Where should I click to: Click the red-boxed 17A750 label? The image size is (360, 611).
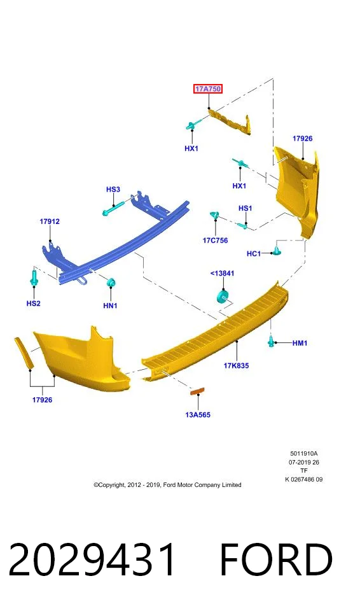click(208, 89)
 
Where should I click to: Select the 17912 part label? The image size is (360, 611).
click(50, 221)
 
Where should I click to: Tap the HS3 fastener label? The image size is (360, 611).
click(113, 190)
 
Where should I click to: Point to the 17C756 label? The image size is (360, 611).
click(215, 241)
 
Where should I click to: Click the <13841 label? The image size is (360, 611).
click(222, 273)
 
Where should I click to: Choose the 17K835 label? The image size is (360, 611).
click(236, 365)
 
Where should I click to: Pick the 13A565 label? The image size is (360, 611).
click(198, 414)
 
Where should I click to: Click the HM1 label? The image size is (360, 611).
click(300, 343)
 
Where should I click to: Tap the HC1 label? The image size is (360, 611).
click(254, 254)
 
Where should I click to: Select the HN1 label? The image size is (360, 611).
click(110, 306)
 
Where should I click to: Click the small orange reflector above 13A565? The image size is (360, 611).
click(197, 391)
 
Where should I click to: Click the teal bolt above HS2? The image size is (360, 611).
click(34, 277)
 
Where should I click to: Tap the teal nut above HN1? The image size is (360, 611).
click(111, 282)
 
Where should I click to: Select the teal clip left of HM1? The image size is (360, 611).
click(271, 341)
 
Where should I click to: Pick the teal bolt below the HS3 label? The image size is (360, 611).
click(114, 208)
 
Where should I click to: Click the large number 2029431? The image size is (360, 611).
click(92, 559)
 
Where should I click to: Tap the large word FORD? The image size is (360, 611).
click(276, 559)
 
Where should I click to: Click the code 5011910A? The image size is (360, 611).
click(303, 454)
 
